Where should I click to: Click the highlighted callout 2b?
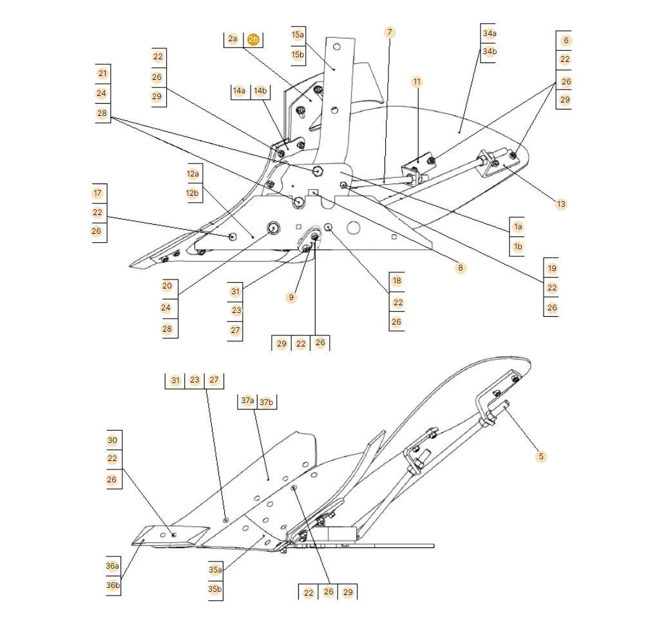coord(253,39)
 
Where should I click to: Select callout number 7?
coord(390,32)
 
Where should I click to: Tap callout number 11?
coord(417,82)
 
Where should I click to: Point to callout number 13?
coord(561,204)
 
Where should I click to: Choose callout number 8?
coord(460,267)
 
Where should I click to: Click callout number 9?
coord(291,297)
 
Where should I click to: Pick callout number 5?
coord(541,457)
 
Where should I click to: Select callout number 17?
coord(97,193)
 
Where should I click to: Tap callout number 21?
coord(102,73)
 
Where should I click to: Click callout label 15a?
coord(298,35)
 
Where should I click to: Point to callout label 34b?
coord(489,52)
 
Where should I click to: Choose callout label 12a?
coord(193,174)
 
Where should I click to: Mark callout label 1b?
coord(518,247)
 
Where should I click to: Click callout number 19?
coord(552,269)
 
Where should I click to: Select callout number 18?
coord(397,281)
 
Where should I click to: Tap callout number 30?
coord(113,440)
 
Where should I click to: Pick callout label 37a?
coord(247,401)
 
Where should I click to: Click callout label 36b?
coord(113,585)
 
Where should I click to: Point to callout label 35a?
coord(215,570)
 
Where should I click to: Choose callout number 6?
coord(566,41)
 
